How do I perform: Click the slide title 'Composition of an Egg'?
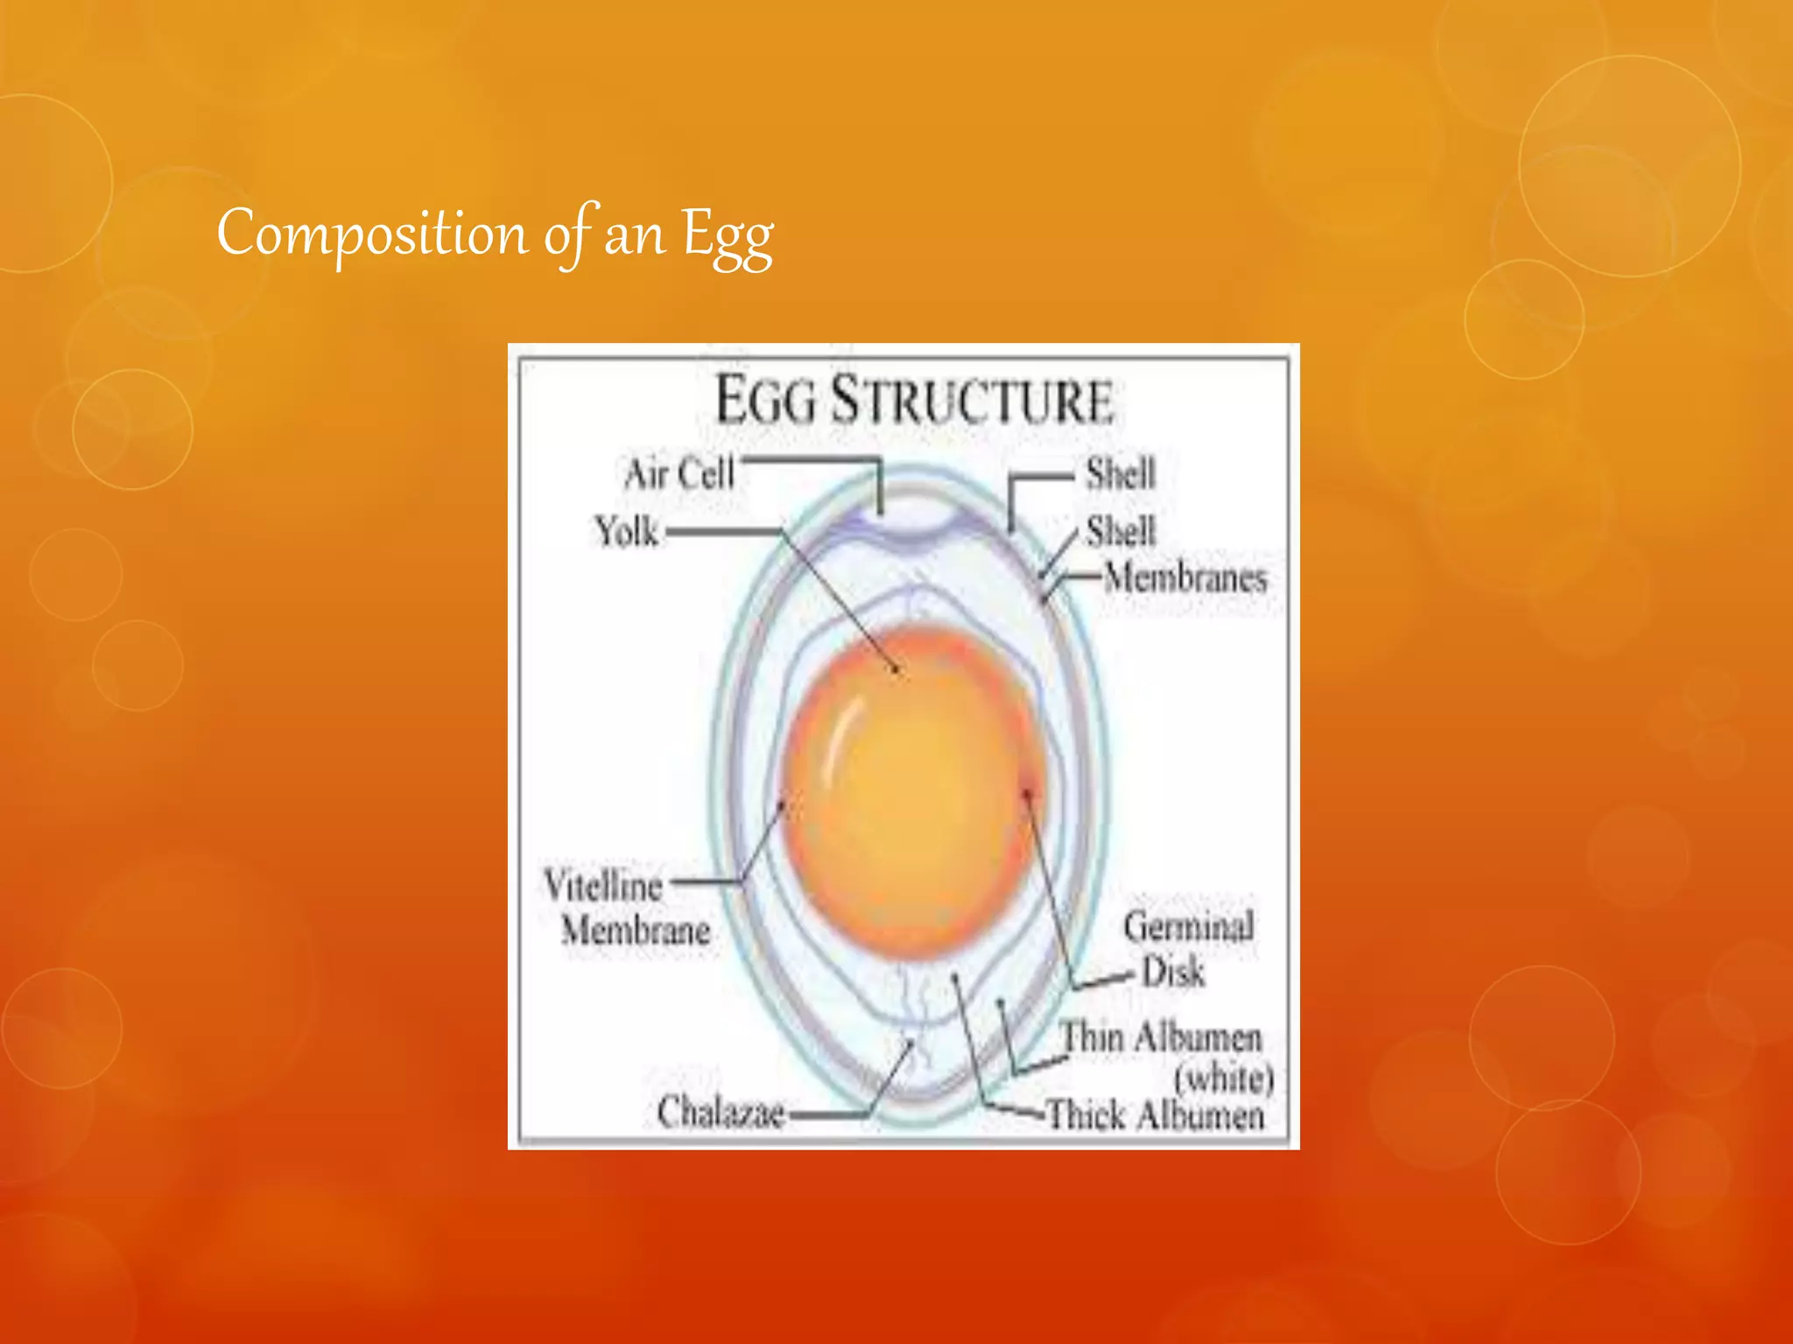[x=495, y=234]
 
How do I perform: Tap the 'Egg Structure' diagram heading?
[x=914, y=401]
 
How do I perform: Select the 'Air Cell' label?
[x=679, y=473]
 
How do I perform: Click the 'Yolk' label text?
[x=626, y=531]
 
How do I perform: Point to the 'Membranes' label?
[x=1185, y=577]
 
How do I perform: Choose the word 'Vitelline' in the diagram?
[x=603, y=885]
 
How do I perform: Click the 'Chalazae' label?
[x=721, y=1112]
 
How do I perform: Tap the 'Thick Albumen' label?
[x=1156, y=1115]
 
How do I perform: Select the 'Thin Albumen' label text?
[x=1161, y=1038]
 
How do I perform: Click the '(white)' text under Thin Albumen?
[x=1223, y=1077]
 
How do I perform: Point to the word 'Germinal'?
[x=1188, y=927]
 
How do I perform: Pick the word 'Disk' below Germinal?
[x=1173, y=972]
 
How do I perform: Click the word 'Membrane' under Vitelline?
[x=636, y=929]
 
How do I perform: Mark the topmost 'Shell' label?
[x=1121, y=473]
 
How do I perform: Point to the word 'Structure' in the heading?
[x=972, y=401]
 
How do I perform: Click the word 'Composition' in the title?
[x=372, y=234]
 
